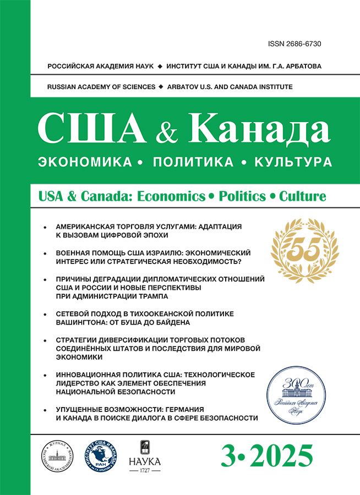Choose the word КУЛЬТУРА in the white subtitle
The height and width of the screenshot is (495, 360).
(288, 162)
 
